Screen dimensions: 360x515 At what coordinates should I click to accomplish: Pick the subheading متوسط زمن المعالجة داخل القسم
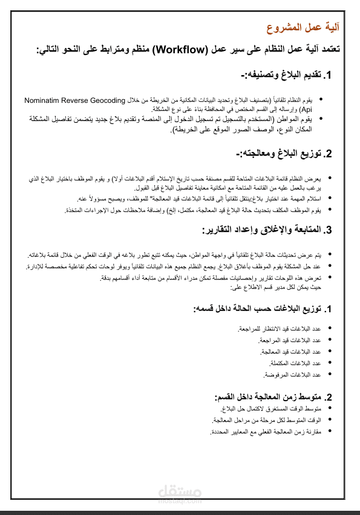coord(267,397)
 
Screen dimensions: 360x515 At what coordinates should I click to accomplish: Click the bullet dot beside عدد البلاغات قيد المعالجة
coord(329,352)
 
